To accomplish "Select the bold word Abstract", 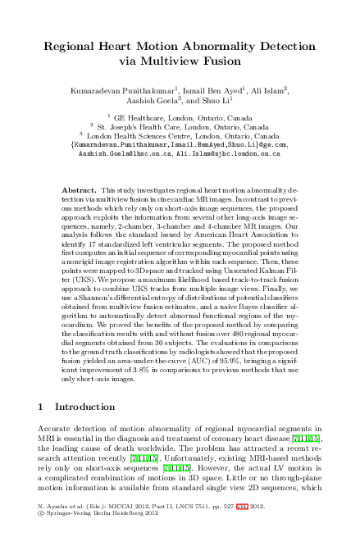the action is click(x=79, y=189).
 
